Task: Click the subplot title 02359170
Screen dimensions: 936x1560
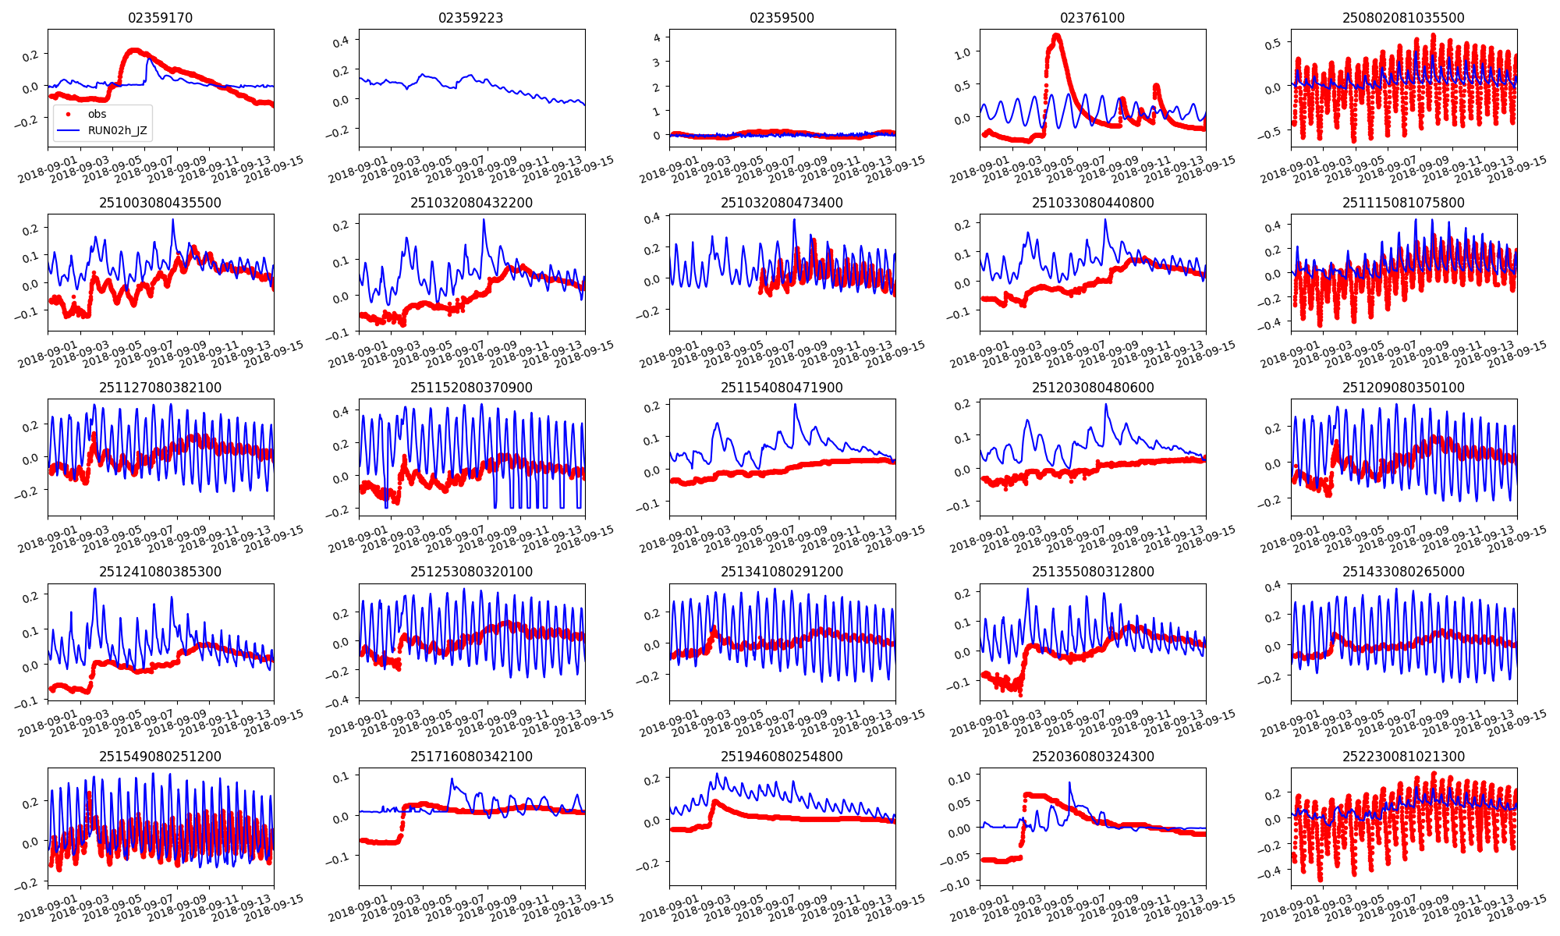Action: coord(160,18)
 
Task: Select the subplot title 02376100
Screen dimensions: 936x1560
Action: coord(1092,18)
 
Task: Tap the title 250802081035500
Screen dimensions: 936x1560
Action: coord(1403,18)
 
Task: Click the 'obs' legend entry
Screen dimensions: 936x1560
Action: coord(96,114)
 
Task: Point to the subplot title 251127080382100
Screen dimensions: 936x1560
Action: coord(160,388)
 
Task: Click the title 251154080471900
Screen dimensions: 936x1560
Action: coord(782,388)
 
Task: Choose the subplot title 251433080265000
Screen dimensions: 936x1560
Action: coord(1403,572)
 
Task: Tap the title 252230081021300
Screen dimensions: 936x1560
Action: coord(1403,757)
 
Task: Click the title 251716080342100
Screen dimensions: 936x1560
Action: coord(471,757)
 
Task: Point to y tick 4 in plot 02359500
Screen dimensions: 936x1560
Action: coord(657,37)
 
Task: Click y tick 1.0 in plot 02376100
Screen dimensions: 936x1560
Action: coord(962,53)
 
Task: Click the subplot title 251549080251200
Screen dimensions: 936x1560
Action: coord(160,757)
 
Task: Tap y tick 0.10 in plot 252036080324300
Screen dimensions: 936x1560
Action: coord(959,777)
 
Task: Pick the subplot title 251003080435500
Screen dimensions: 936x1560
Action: coord(160,203)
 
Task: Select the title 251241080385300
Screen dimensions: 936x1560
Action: coord(160,572)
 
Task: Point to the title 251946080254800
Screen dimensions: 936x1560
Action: coord(782,757)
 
